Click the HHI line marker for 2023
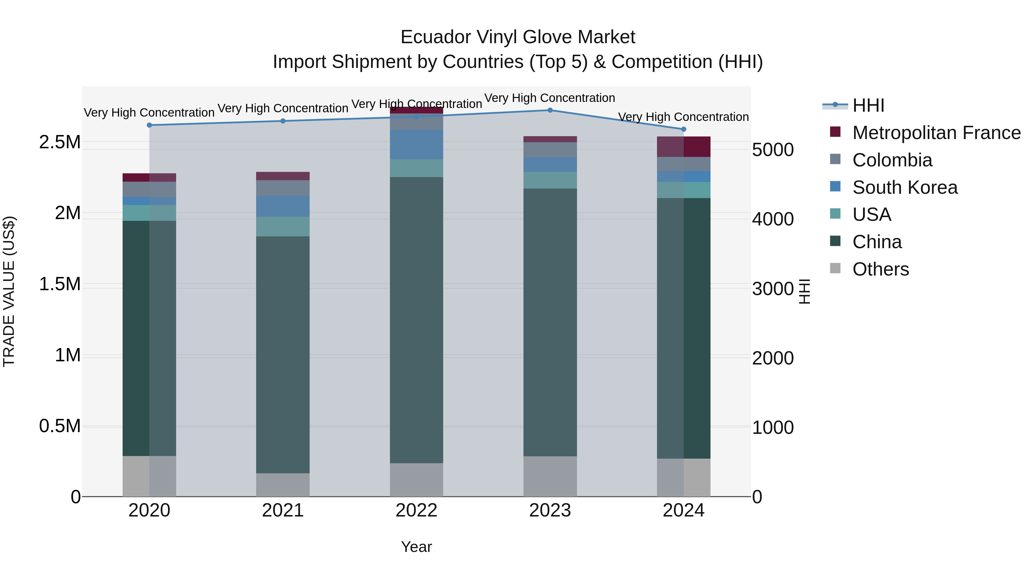[x=550, y=110]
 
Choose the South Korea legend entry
[x=905, y=187]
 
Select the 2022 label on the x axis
[x=416, y=510]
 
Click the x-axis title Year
[x=416, y=547]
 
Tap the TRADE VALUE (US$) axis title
[x=9, y=291]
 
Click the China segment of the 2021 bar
[x=283, y=354]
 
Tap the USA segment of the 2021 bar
[x=283, y=227]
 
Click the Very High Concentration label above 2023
[x=549, y=98]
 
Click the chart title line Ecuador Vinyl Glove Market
[x=518, y=37]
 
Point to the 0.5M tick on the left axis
[x=60, y=426]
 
